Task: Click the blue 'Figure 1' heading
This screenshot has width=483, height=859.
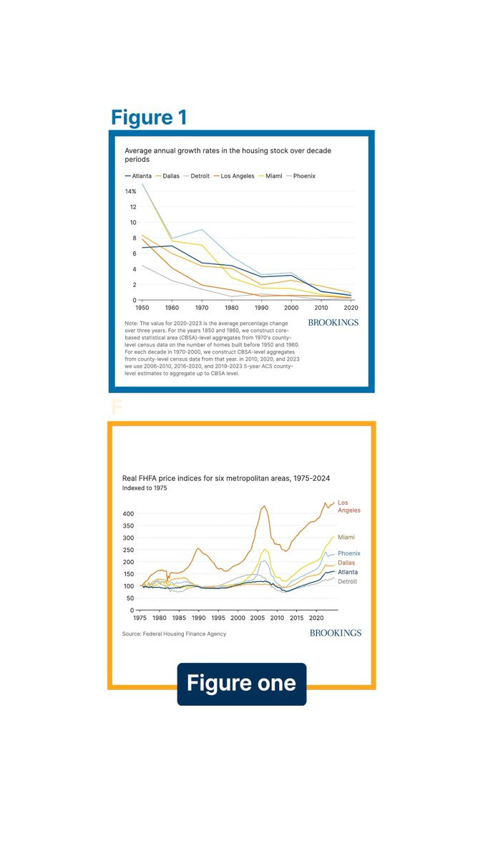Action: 149,117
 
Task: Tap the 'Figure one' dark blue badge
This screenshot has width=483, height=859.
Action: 241,684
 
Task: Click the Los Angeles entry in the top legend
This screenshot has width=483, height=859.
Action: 237,176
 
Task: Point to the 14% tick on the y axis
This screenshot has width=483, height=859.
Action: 130,192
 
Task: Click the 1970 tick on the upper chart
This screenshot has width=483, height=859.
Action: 203,307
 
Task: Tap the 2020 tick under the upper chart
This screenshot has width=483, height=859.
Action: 351,307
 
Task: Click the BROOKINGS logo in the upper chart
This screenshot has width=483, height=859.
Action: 333,323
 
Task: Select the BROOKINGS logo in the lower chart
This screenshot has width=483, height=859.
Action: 336,633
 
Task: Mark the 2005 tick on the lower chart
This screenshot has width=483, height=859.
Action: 257,617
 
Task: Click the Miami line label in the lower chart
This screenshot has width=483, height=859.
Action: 346,538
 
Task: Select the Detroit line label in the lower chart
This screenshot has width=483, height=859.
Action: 348,582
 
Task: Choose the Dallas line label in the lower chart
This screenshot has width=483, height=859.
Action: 346,563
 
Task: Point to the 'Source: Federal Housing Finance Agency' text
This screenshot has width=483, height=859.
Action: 174,634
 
